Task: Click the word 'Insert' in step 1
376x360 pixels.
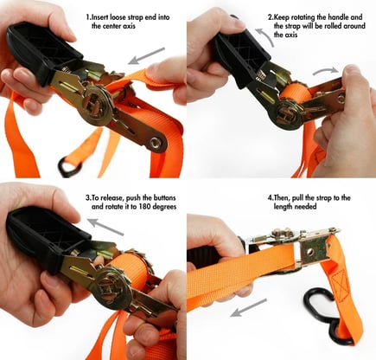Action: [x=99, y=17]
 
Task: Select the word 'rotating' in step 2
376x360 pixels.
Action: [x=302, y=17]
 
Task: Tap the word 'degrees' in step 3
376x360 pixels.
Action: [x=164, y=207]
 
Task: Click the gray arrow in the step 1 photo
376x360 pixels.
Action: [x=147, y=56]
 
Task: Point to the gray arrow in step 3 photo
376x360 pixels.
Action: [x=105, y=227]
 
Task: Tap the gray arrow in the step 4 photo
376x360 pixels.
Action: [x=248, y=308]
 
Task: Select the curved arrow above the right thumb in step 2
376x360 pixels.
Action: [x=325, y=71]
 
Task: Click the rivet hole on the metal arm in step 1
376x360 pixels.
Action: [x=156, y=142]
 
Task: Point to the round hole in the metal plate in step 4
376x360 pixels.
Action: [x=309, y=252]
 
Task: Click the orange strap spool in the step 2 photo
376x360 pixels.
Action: [x=296, y=94]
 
